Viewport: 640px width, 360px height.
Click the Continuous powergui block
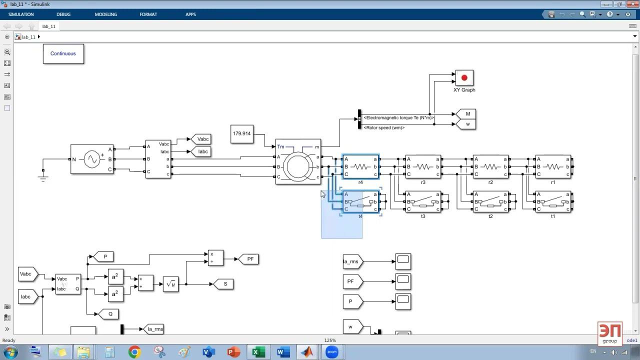pyautogui.click(x=63, y=53)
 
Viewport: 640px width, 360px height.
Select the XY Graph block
pyautogui.click(x=464, y=78)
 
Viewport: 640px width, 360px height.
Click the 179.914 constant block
pyautogui.click(x=242, y=134)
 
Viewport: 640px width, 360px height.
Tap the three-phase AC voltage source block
pyautogui.click(x=92, y=159)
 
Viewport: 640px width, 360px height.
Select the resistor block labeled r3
pyautogui.click(x=423, y=166)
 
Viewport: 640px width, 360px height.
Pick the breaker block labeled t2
pyautogui.click(x=490, y=201)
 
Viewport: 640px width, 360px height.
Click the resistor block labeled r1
pyautogui.click(x=553, y=166)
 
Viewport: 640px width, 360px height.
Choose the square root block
pyautogui.click(x=170, y=284)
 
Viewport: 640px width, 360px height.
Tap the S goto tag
pyautogui.click(x=224, y=284)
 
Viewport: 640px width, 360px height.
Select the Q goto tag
pyautogui.click(x=109, y=314)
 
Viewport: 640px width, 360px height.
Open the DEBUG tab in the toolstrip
pyautogui.click(x=63, y=14)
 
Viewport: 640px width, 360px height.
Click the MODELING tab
pyautogui.click(x=106, y=14)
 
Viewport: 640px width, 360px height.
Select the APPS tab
pyautogui.click(x=190, y=14)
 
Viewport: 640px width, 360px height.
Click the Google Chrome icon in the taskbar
pyautogui.click(x=134, y=352)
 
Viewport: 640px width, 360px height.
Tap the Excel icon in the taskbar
pyautogui.click(x=257, y=352)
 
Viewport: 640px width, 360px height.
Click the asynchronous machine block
pyautogui.click(x=298, y=161)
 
